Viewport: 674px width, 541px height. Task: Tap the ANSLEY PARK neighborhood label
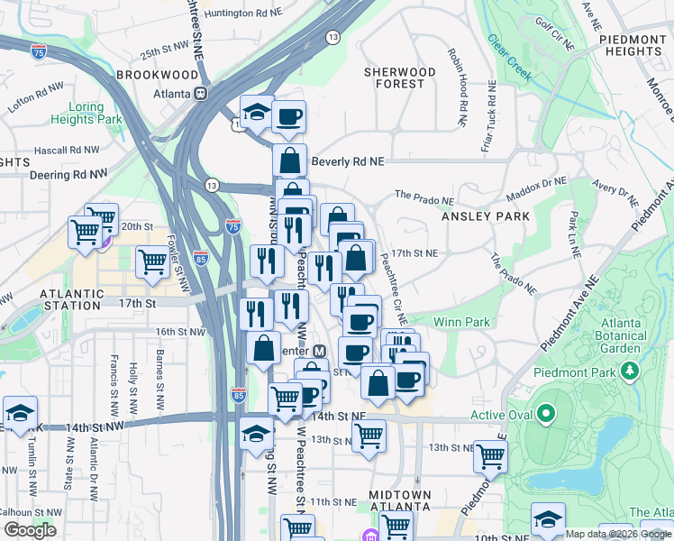click(477, 217)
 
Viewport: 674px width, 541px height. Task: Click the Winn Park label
click(461, 322)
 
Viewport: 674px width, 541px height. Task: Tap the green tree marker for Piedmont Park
click(630, 371)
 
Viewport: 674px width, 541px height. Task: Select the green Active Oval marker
click(545, 415)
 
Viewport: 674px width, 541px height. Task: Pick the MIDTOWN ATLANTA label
click(400, 502)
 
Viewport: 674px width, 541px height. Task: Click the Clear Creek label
click(510, 56)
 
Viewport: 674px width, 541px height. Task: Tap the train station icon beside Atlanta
click(203, 93)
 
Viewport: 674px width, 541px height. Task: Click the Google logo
click(30, 530)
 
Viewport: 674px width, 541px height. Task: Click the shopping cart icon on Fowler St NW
click(152, 261)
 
